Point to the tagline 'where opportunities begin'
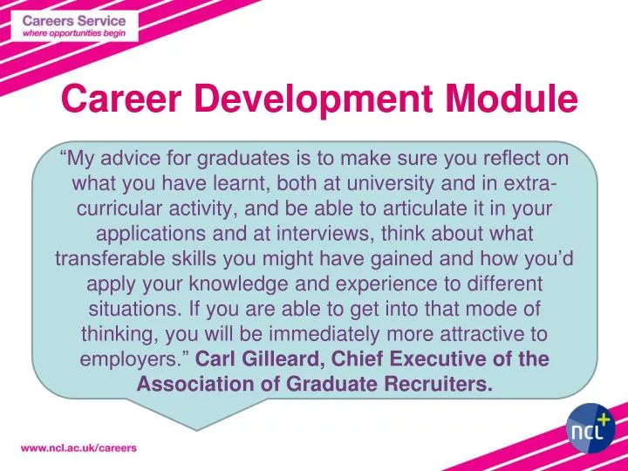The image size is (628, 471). tap(74, 34)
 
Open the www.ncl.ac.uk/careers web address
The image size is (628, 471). tap(78, 447)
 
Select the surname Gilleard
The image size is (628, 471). tap(277, 359)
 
